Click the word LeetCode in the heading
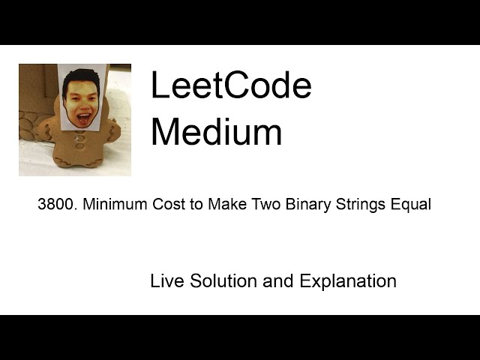pos(230,85)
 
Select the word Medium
pos(216,132)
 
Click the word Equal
pos(411,205)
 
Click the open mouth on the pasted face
pos(81,116)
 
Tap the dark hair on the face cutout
pos(81,77)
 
